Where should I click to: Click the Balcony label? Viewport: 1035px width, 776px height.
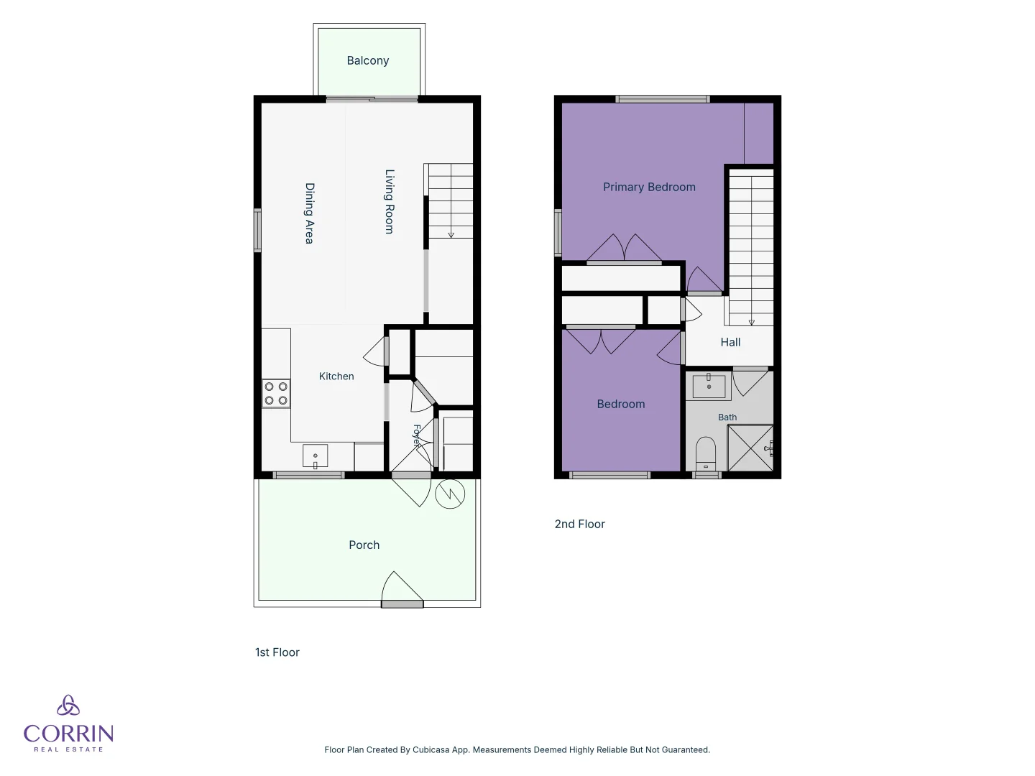coord(368,61)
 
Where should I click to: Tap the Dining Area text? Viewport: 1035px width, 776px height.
coord(309,213)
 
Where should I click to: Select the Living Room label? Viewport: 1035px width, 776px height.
coord(390,202)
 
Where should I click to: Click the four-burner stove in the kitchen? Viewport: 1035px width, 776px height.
coord(276,394)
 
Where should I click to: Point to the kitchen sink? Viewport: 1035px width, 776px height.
coord(315,456)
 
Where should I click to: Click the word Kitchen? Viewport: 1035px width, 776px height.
coord(336,377)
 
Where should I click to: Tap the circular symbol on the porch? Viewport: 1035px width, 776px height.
coord(450,494)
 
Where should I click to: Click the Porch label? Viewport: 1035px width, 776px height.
coord(364,545)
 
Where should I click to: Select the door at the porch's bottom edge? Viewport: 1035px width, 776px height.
coord(402,590)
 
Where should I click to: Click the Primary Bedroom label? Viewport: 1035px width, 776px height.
coord(649,187)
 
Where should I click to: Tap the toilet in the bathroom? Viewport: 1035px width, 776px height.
coord(706,453)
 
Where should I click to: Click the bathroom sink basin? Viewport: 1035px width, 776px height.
coord(709,386)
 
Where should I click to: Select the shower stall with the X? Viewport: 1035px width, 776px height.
coord(750,448)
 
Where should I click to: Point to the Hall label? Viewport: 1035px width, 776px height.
coord(730,343)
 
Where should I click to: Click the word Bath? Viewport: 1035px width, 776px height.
coord(727,417)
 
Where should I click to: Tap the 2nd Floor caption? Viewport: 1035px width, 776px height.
coord(579,524)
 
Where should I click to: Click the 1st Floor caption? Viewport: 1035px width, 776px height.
coord(277,652)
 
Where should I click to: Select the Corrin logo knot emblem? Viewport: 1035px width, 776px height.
coord(68,705)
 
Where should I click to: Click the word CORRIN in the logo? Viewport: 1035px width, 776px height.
coord(69,734)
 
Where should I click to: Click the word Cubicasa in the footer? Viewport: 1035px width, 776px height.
coord(431,749)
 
